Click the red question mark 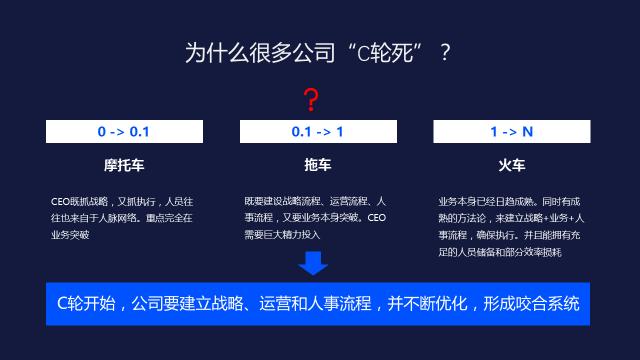click(312, 100)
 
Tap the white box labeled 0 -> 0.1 click(123, 132)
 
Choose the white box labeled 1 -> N click(511, 132)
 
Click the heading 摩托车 click(123, 162)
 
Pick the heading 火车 click(511, 162)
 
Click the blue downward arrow click(313, 263)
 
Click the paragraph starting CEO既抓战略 click(122, 217)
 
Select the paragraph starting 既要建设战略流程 click(316, 217)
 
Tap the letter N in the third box click(527, 132)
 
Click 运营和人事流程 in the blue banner click(314, 304)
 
